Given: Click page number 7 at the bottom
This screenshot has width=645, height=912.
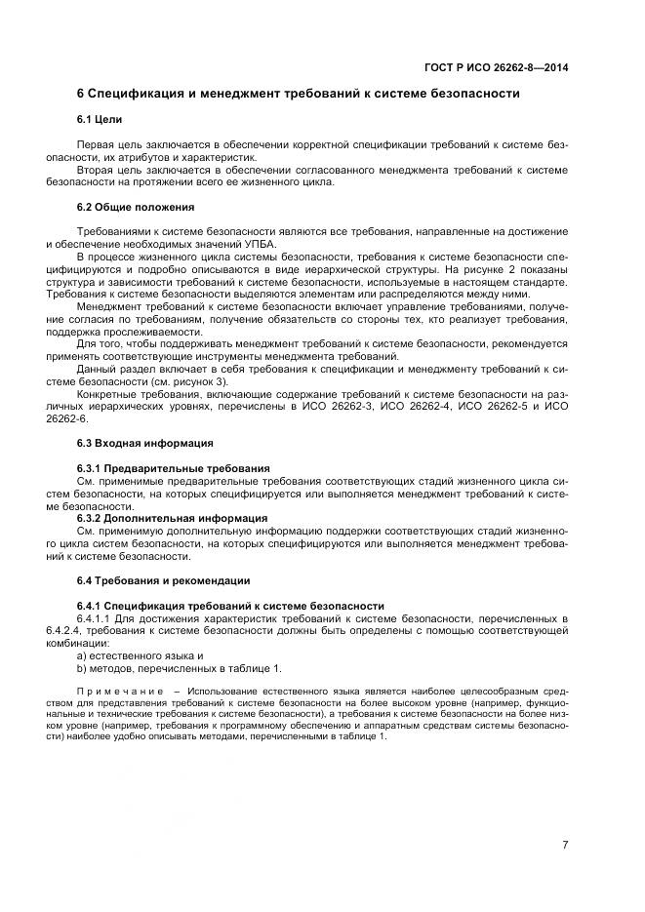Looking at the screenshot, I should point(564,844).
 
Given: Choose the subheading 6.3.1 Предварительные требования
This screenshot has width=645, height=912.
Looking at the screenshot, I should point(173,468).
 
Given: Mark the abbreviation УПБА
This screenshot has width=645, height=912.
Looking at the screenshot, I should point(260,243).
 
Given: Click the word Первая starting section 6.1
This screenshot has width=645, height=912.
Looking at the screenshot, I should point(96,143).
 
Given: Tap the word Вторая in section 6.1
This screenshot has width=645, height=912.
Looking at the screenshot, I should point(95,169).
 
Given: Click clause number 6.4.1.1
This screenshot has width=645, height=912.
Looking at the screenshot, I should point(95,618).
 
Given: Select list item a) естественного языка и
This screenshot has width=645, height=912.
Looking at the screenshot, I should point(140,655).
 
